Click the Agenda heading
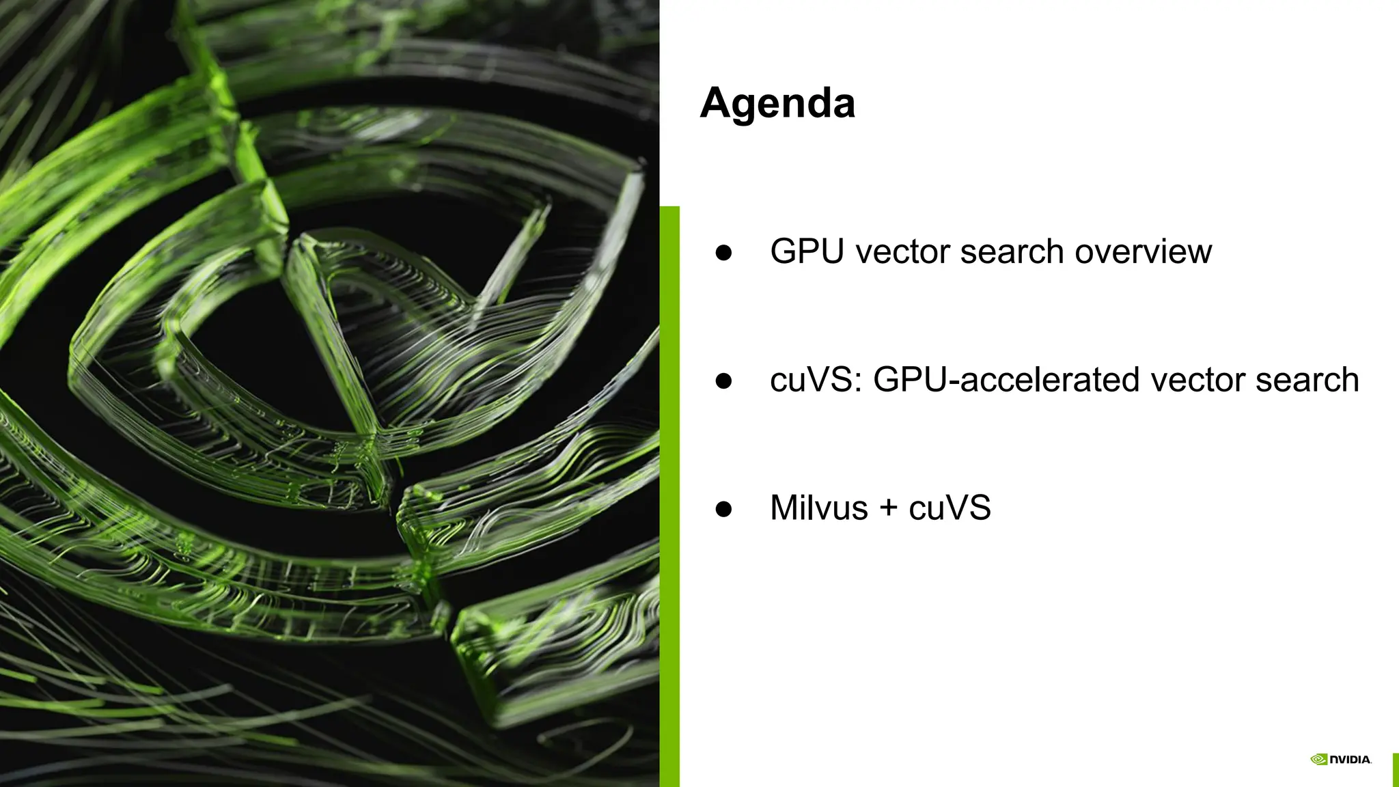click(x=777, y=103)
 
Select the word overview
click(x=1143, y=251)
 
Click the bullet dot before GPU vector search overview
click(x=723, y=253)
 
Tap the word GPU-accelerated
click(x=1006, y=380)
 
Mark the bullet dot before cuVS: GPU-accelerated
click(x=723, y=381)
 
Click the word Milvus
click(x=818, y=508)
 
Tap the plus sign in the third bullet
click(x=888, y=508)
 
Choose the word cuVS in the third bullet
click(x=950, y=508)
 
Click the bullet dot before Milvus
click(x=723, y=509)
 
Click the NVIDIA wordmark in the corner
click(x=1350, y=760)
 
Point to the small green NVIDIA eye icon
click(x=1318, y=760)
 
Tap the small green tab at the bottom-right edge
click(x=1395, y=770)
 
